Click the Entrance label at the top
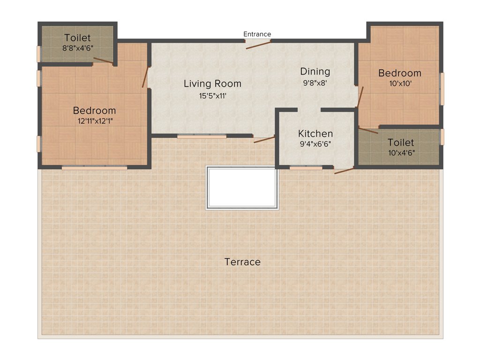(x=257, y=34)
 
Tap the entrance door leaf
(x=258, y=45)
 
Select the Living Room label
(x=212, y=84)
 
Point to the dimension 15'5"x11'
(x=212, y=96)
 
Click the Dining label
(x=315, y=72)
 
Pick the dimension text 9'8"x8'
(x=315, y=83)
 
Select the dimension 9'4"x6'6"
(x=316, y=144)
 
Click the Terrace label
(x=242, y=262)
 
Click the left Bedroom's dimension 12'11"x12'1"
(x=94, y=121)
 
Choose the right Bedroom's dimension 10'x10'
(x=399, y=84)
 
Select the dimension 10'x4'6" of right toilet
(x=401, y=152)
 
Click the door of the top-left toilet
(x=103, y=60)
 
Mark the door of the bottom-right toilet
(x=368, y=130)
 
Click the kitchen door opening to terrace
(x=344, y=171)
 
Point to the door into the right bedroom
(x=360, y=97)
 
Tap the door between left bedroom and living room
(x=146, y=77)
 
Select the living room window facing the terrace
(x=202, y=136)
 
